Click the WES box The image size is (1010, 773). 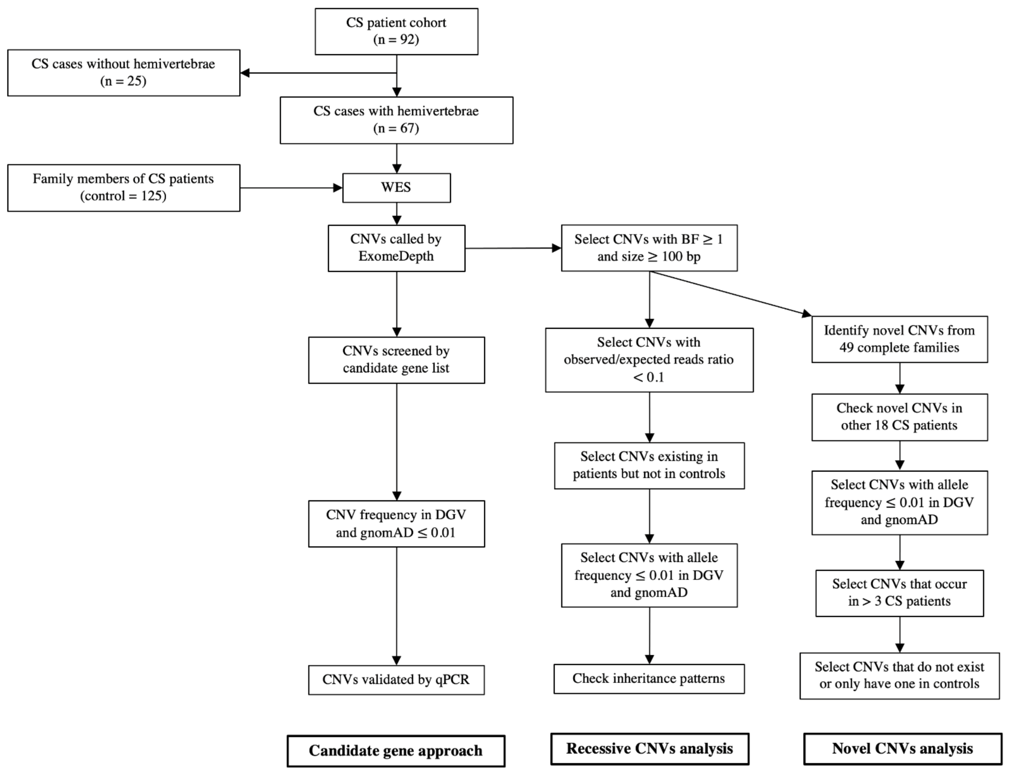pyautogui.click(x=396, y=188)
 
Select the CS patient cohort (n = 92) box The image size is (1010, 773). pyautogui.click(x=396, y=31)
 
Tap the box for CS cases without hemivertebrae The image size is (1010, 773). pyautogui.click(x=123, y=73)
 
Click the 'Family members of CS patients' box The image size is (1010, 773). pyautogui.click(x=123, y=188)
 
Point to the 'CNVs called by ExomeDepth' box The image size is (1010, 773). pyautogui.click(x=396, y=248)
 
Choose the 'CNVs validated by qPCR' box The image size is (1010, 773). pyautogui.click(x=396, y=680)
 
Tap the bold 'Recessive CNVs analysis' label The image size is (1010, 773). pyautogui.click(x=650, y=749)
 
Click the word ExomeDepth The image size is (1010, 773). pyautogui.click(x=396, y=256)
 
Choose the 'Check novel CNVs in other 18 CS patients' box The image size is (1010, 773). pyautogui.click(x=899, y=417)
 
